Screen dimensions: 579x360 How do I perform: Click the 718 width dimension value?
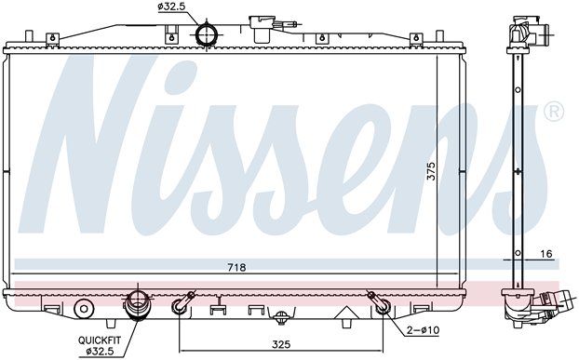click(x=236, y=267)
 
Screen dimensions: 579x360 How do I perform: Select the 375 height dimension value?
click(x=431, y=171)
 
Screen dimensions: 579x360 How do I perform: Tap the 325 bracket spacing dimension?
click(x=281, y=344)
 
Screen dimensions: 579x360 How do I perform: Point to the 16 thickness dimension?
click(x=545, y=254)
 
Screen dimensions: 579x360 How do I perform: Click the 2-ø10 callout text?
click(x=423, y=330)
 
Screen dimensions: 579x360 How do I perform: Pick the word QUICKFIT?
click(x=100, y=340)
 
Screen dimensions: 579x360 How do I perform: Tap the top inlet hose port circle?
click(x=206, y=34)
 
